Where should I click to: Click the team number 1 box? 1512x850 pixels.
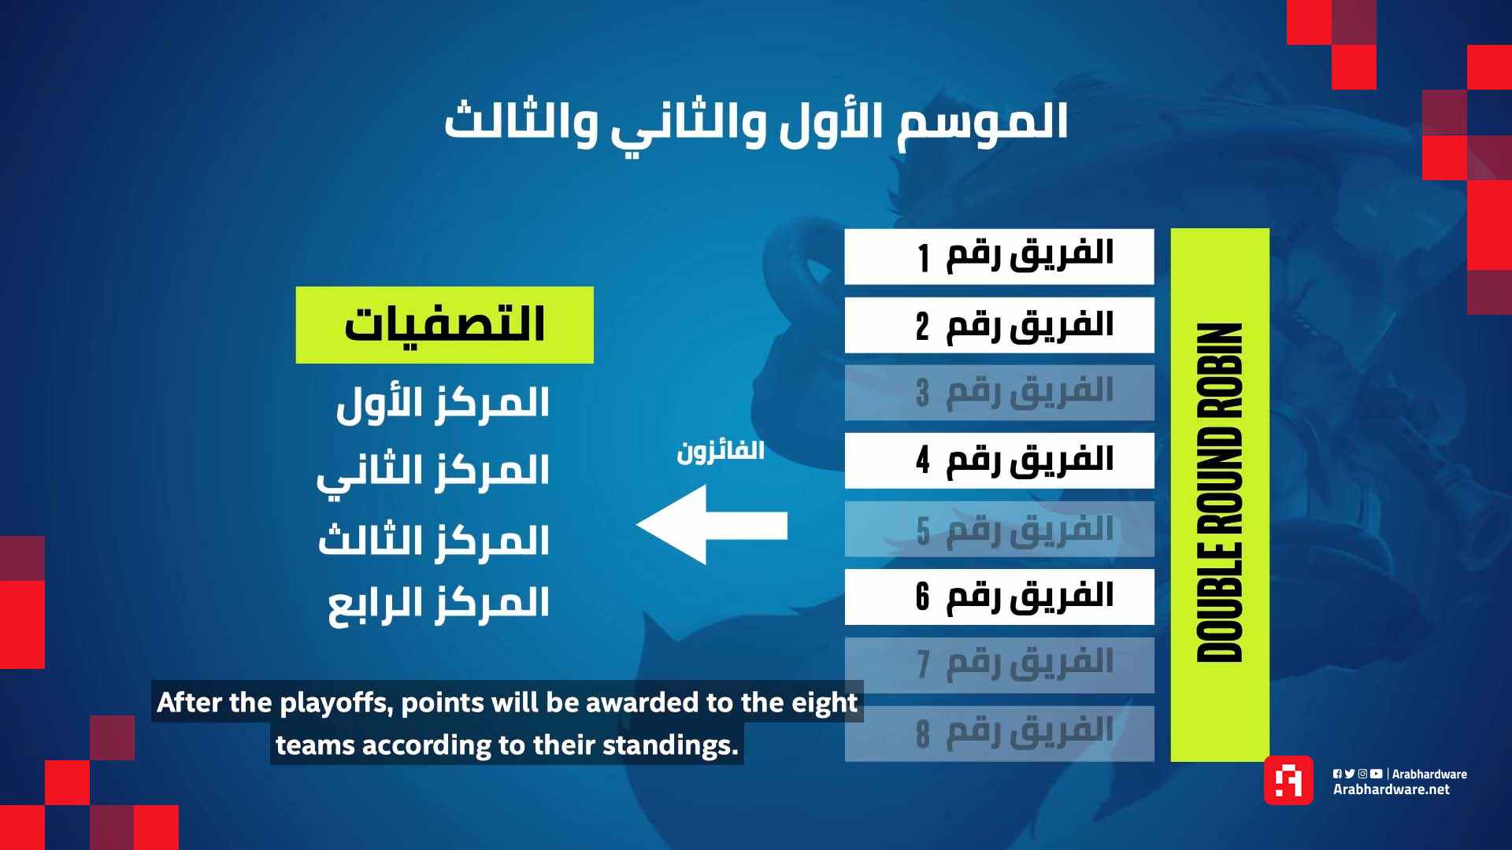click(x=999, y=257)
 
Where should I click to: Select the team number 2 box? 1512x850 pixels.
click(x=999, y=325)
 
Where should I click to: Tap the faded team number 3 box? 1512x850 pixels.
click(x=999, y=393)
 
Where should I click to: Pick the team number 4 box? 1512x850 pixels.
click(x=999, y=460)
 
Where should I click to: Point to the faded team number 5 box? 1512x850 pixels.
click(x=999, y=529)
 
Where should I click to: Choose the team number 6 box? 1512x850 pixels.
click(x=999, y=597)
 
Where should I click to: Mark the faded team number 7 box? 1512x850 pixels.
click(x=999, y=665)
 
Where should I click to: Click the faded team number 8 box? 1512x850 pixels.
click(x=999, y=734)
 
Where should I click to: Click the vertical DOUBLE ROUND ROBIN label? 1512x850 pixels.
click(x=1219, y=492)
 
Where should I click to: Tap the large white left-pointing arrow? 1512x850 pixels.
click(x=712, y=525)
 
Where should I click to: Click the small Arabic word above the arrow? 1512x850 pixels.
click(x=721, y=452)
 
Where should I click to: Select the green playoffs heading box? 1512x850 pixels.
click(x=444, y=325)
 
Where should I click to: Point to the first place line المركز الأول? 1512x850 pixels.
click(x=443, y=402)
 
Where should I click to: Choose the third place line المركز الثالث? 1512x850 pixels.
click(x=434, y=540)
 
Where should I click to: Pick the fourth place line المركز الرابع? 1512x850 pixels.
click(x=439, y=604)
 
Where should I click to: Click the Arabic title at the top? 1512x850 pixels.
click(x=756, y=123)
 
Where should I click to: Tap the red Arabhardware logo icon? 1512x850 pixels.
click(x=1288, y=780)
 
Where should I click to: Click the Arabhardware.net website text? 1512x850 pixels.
click(x=1391, y=789)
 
